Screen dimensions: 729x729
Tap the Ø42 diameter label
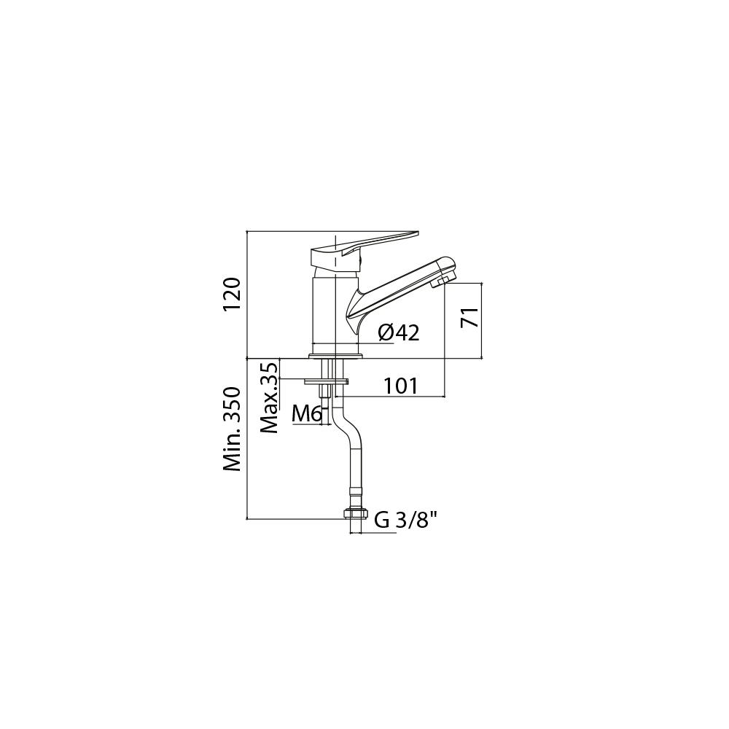(399, 332)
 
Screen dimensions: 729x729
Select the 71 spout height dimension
(469, 317)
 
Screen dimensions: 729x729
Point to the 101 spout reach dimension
(401, 386)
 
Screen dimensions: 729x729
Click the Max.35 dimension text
(270, 398)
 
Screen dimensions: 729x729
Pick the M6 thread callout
(307, 414)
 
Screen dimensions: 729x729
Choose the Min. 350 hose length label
(232, 429)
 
